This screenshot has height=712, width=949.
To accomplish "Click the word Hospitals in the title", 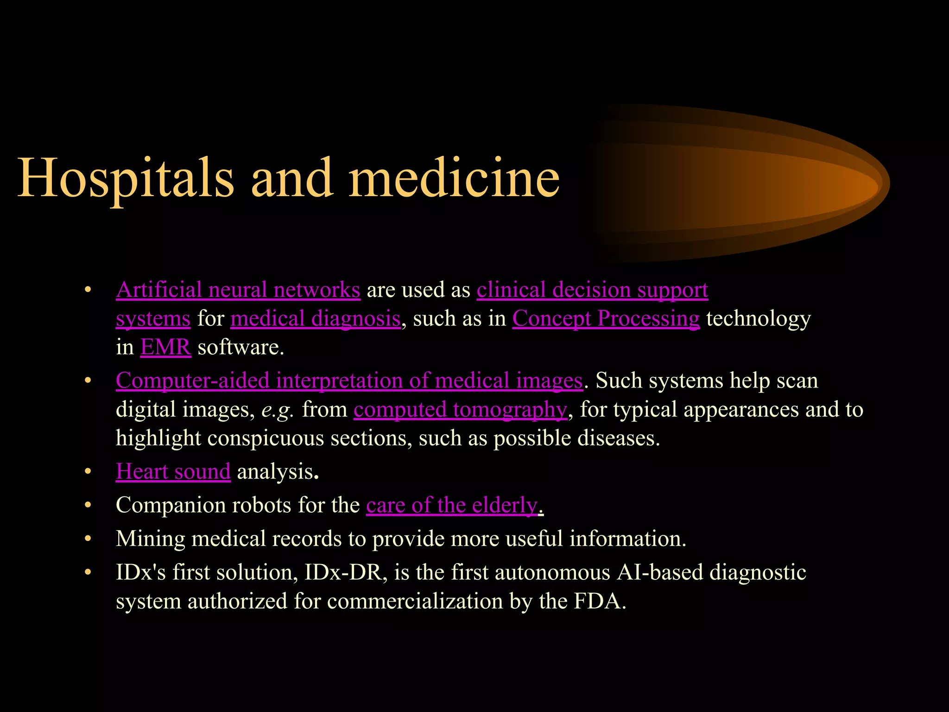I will [x=125, y=178].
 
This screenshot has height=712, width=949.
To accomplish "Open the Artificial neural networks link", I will [x=238, y=290].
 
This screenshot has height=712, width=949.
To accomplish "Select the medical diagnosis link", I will [x=315, y=319].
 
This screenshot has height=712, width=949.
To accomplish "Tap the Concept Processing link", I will [x=606, y=319].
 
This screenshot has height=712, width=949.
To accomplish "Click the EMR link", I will [x=165, y=348].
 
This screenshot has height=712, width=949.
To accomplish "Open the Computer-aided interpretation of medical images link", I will [x=349, y=381].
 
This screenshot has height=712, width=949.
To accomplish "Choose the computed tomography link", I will [x=460, y=410].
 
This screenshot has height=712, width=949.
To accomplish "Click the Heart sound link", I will [x=173, y=472].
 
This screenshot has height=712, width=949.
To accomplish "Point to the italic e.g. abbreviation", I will [x=277, y=410].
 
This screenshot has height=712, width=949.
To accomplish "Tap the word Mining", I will [x=150, y=539].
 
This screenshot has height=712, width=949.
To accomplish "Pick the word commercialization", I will [x=415, y=602].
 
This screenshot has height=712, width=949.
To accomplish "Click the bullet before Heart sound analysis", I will [x=88, y=472].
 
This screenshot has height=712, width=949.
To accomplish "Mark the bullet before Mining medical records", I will [x=88, y=539].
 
